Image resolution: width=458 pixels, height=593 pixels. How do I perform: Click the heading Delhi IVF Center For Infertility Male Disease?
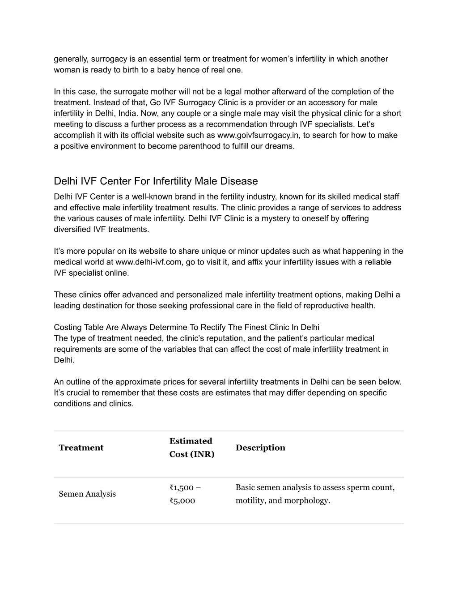[x=156, y=181]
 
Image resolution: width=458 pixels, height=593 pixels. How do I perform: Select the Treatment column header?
[x=81, y=448]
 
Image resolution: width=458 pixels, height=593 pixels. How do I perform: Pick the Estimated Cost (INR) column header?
[x=191, y=448]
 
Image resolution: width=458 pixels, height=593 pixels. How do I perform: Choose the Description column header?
[x=260, y=448]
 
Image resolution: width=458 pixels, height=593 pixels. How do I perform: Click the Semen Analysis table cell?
[x=87, y=494]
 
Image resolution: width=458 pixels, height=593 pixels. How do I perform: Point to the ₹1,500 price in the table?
[x=182, y=488]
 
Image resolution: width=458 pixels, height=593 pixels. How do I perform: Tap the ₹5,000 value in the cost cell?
[x=182, y=501]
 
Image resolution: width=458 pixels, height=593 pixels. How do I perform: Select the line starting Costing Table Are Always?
[x=187, y=327]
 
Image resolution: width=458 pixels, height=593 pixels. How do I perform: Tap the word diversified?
[x=72, y=230]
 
